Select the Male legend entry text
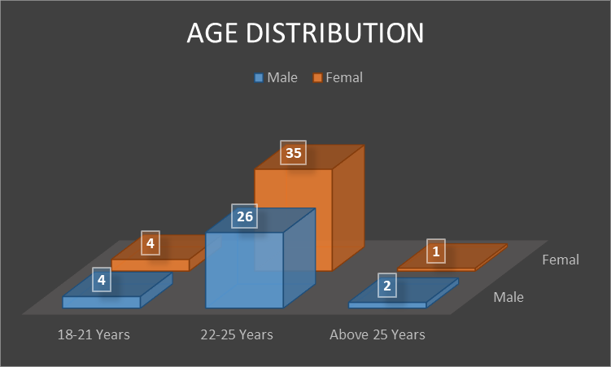282,78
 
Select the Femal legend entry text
343,78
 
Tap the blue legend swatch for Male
260,78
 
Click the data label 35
293,153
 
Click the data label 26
244,216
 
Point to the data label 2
387,286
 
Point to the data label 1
436,252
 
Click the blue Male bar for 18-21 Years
102,302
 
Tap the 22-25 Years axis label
237,334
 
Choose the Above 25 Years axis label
377,334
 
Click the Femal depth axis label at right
560,260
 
